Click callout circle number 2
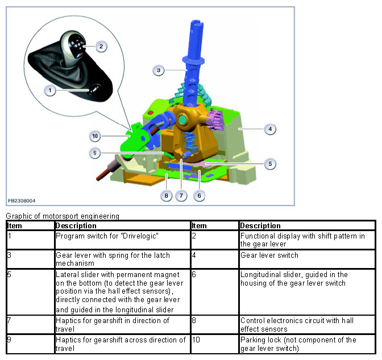(x=100, y=46)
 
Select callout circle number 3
(x=159, y=70)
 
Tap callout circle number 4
(x=271, y=129)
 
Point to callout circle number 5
(x=271, y=164)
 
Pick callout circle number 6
(x=198, y=195)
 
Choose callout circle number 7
(x=182, y=195)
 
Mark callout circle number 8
(x=166, y=195)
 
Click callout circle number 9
(x=97, y=152)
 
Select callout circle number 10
(x=95, y=136)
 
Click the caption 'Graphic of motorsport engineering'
(x=63, y=216)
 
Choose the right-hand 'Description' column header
(x=260, y=225)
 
